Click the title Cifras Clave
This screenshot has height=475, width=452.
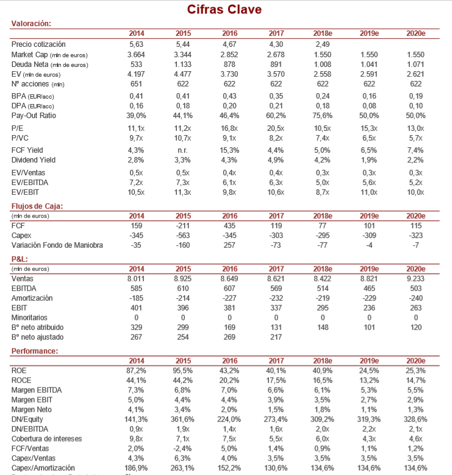coord(224,10)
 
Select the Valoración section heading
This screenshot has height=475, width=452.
coord(30,24)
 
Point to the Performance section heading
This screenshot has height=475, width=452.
coord(35,351)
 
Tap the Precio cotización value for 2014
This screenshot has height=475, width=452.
coord(136,44)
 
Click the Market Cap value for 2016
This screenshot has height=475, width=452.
coord(230,54)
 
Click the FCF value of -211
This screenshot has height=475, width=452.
coord(183,226)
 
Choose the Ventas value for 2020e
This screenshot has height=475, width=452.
coord(415,278)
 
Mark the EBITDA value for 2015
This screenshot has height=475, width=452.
coord(183,288)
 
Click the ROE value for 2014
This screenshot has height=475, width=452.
coord(136,370)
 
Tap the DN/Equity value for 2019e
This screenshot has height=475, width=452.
coord(369,419)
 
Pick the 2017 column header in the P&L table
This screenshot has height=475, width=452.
coord(276,269)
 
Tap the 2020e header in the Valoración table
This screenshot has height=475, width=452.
coord(415,33)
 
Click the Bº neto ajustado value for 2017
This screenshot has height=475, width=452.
coord(276,337)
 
